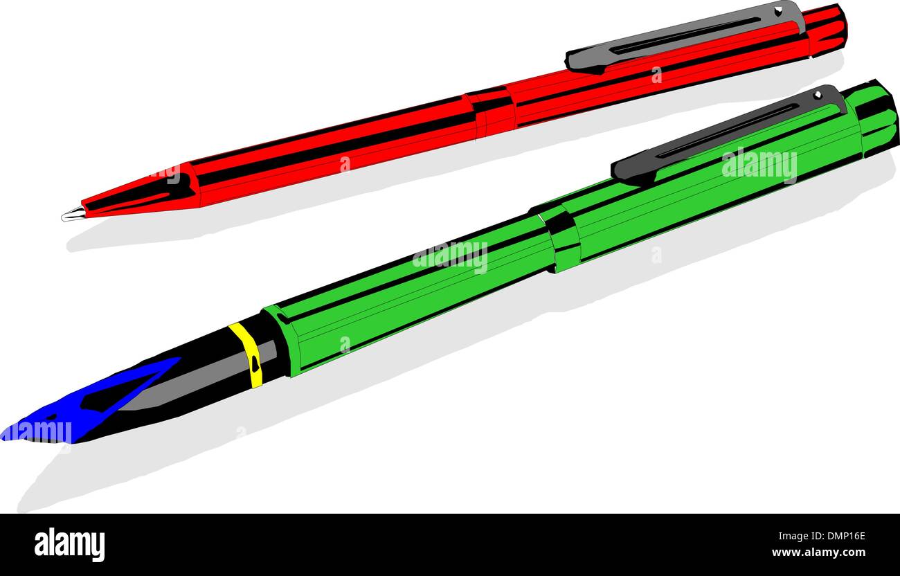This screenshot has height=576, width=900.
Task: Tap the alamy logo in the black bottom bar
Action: click(69, 545)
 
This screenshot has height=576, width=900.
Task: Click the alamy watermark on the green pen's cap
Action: click(759, 165)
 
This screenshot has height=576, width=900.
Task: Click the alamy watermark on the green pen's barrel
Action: click(450, 257)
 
